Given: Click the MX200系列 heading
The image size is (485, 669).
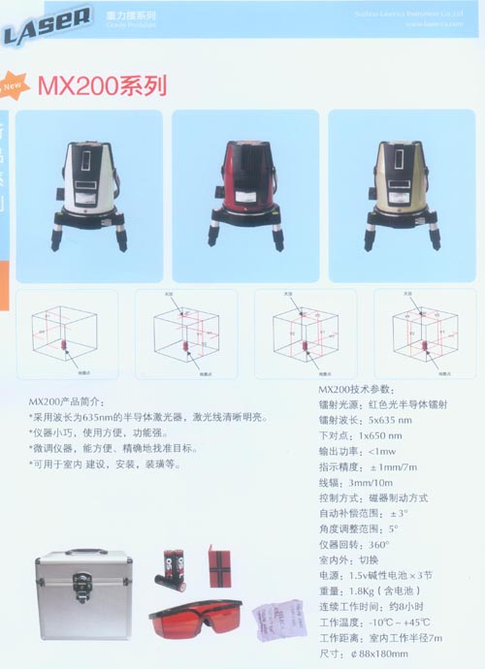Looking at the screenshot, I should pyautogui.click(x=101, y=84).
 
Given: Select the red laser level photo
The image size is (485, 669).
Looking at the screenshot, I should pyautogui.click(x=244, y=195).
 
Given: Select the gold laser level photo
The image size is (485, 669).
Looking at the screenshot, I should pyautogui.click(x=403, y=195).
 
